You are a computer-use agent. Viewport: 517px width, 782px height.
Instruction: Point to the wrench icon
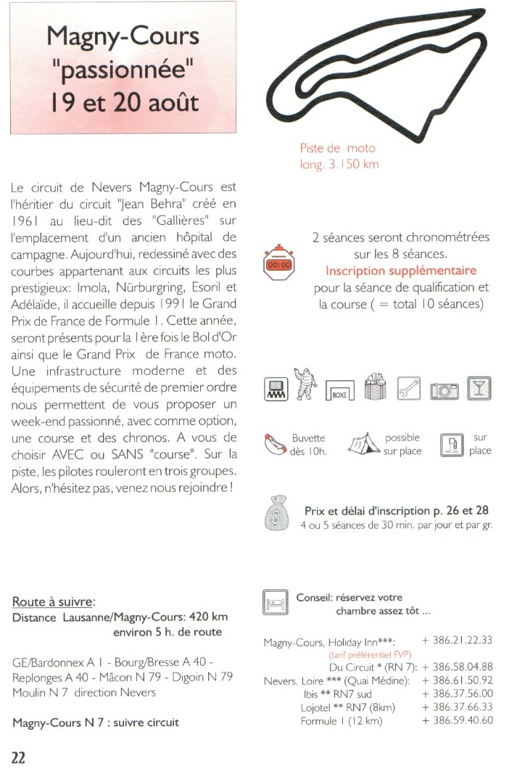pyautogui.click(x=410, y=389)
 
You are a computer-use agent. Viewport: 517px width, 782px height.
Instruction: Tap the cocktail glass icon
pyautogui.click(x=478, y=389)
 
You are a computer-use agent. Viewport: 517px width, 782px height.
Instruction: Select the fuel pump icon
pyautogui.click(x=451, y=444)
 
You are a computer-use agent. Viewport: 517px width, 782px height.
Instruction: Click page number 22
pyautogui.click(x=18, y=757)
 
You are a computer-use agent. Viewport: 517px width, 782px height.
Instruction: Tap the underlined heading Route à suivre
pyautogui.click(x=54, y=602)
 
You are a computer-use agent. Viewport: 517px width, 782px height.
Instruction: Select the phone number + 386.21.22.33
pyautogui.click(x=462, y=640)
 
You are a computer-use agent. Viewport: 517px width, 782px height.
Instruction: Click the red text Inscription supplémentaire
pyautogui.click(x=400, y=271)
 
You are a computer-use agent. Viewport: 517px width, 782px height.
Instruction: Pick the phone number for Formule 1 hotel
pyautogui.click(x=462, y=720)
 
